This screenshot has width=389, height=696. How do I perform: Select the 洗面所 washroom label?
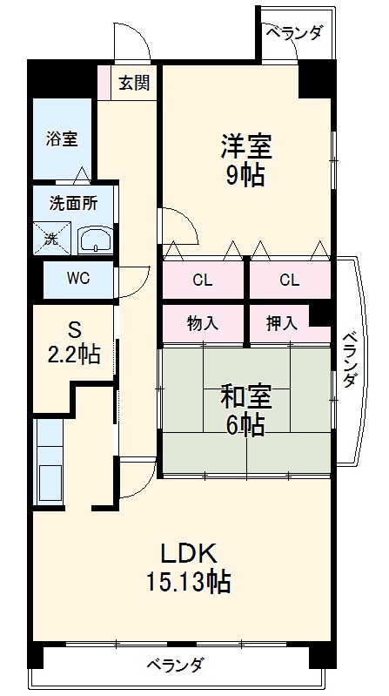[72, 206]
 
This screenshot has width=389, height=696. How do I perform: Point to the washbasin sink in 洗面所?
[94, 240]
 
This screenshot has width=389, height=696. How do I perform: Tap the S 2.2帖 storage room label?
[74, 342]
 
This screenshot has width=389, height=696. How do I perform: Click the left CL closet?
[203, 280]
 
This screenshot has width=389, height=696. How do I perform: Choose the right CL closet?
[290, 280]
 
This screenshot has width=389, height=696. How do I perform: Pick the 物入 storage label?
[203, 322]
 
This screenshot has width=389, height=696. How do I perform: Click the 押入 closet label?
[281, 322]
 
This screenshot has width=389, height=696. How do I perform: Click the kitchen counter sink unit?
[47, 462]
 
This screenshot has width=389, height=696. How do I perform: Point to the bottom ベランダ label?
[174, 665]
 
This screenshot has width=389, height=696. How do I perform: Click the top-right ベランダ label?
[293, 34]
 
